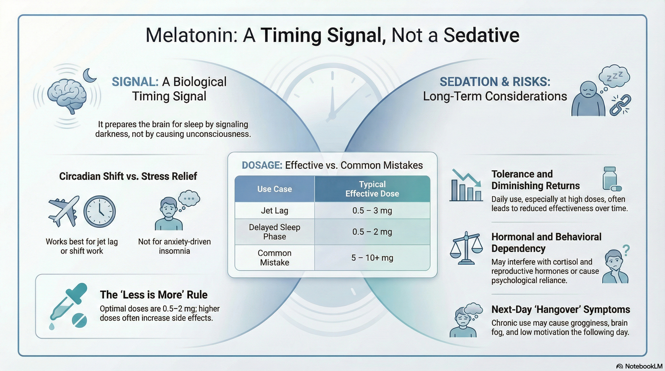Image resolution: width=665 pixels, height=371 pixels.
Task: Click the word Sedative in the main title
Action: [481, 35]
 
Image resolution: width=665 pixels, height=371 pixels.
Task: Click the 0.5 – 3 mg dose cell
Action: [372, 211]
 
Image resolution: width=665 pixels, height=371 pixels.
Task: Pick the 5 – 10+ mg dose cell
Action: [372, 258]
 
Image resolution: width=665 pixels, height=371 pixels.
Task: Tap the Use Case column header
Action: [274, 189]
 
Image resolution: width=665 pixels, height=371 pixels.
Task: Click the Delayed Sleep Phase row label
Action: [274, 232]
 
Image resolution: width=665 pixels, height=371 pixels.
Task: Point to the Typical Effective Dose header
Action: [372, 189]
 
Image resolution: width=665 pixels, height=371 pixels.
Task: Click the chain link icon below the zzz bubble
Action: [620, 105]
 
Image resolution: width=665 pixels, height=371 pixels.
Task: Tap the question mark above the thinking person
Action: [626, 250]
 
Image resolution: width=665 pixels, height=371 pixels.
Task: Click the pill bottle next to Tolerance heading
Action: [610, 179]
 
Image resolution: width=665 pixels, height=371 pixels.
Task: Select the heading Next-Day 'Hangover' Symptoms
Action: [561, 309]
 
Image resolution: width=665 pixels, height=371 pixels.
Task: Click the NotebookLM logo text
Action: [643, 366]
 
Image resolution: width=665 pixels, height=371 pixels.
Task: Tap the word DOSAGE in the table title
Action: [262, 165]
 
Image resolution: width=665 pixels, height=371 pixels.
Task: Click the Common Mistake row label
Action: [274, 258]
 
